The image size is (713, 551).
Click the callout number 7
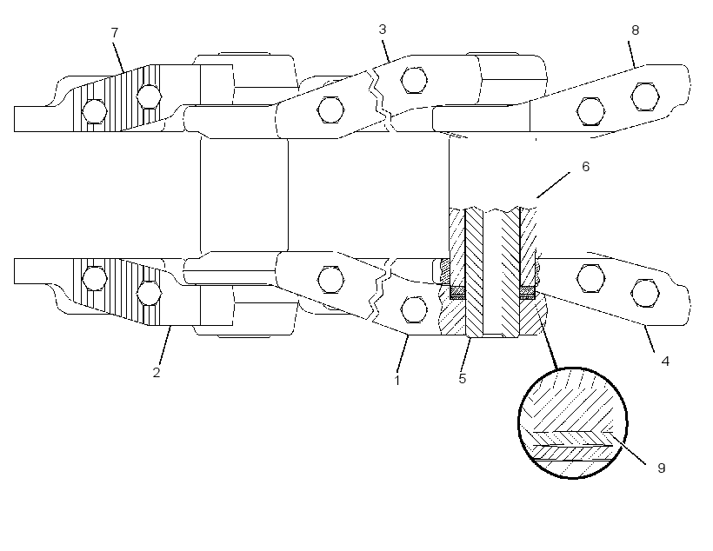115,33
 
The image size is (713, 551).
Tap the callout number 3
383,29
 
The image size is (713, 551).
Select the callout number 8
636,30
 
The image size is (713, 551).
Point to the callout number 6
586,166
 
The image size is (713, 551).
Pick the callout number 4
665,362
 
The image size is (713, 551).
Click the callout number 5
463,378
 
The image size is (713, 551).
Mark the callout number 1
397,380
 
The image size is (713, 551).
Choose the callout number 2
157,372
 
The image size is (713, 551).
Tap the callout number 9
662,468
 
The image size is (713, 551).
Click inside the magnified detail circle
573,422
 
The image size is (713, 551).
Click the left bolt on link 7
95,111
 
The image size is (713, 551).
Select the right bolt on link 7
149,96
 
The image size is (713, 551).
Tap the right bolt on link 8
645,96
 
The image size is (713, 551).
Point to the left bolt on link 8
590,111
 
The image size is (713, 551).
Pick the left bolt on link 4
590,278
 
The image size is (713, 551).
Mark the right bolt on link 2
149,293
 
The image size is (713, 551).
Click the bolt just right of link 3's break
414,80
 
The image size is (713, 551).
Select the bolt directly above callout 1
414,309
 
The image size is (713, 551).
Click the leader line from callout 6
553,185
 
